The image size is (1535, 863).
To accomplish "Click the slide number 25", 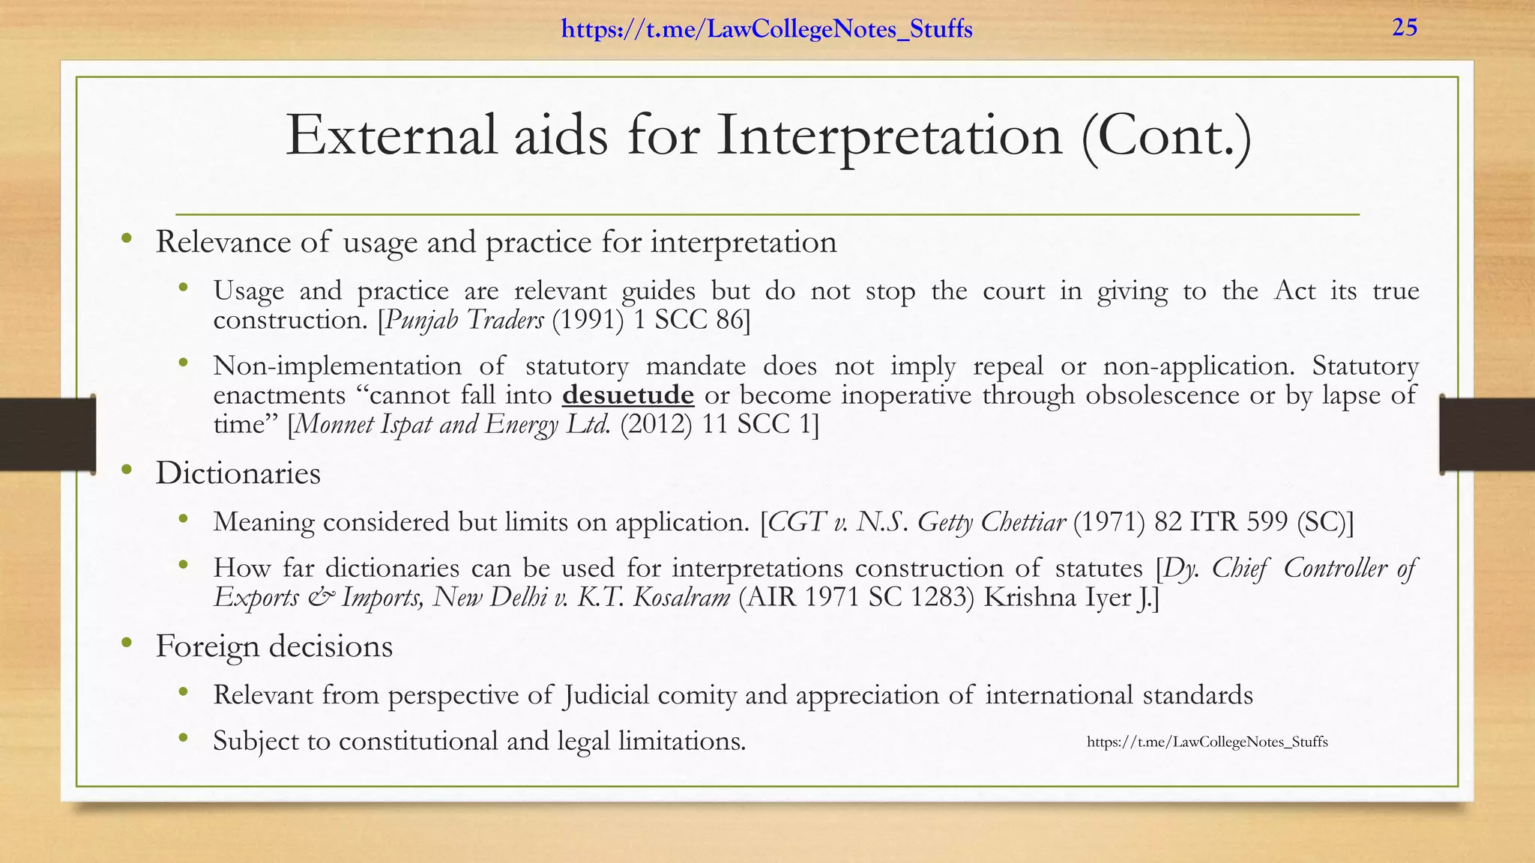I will (1405, 28).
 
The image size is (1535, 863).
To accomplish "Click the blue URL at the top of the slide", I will (767, 30).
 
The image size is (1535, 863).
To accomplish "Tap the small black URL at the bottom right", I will (1207, 742).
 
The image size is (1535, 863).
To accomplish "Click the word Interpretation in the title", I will (889, 137).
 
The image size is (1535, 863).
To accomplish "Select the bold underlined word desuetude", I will (628, 395).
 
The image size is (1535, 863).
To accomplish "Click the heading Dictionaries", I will (238, 473).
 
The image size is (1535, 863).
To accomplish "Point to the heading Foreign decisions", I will (274, 647).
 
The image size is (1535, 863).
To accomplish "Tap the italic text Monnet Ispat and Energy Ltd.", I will (453, 425).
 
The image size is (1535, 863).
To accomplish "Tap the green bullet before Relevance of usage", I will (127, 239).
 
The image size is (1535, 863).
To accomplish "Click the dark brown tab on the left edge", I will (47, 434).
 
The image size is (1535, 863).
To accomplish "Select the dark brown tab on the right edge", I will (1487, 434).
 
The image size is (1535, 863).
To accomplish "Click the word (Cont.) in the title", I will (1166, 137).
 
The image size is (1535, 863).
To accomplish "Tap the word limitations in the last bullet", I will (681, 741).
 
